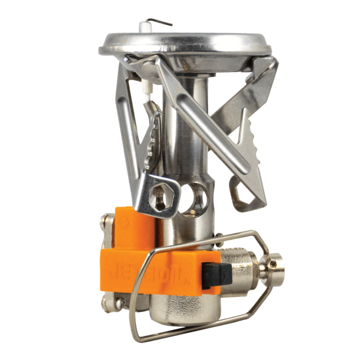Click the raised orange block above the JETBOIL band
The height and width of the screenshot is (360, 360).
(x=133, y=227)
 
